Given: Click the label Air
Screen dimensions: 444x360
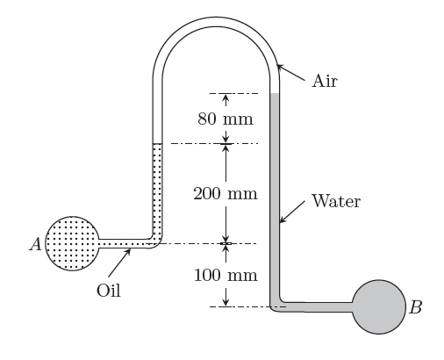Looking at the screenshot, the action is click(x=325, y=81).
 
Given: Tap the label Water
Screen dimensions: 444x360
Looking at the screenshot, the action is click(x=336, y=201).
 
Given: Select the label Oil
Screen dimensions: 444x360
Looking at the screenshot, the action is click(x=109, y=291).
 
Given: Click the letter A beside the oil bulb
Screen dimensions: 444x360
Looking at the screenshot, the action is click(x=36, y=244).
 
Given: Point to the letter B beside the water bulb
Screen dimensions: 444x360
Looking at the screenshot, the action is click(x=415, y=307).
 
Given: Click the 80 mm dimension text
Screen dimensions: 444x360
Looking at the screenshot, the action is click(x=226, y=119).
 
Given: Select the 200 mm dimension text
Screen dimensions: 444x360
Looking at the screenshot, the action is click(x=226, y=194).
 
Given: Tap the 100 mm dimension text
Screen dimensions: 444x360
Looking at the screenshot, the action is click(x=226, y=275).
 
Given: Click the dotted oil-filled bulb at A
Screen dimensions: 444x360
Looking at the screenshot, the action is click(x=72, y=243).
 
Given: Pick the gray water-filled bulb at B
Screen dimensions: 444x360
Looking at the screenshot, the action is click(x=379, y=306).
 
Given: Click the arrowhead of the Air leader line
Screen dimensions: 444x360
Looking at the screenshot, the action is click(x=279, y=67).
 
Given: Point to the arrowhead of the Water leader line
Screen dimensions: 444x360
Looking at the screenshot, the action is click(x=282, y=220).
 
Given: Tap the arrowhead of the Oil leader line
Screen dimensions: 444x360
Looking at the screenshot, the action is click(x=128, y=251).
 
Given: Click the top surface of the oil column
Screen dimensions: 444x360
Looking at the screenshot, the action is click(x=157, y=144).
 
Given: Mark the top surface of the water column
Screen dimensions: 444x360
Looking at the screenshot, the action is click(x=275, y=94).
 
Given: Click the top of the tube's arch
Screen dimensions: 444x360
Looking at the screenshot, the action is click(x=216, y=22).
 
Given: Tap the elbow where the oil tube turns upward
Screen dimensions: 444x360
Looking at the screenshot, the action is click(x=156, y=241).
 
